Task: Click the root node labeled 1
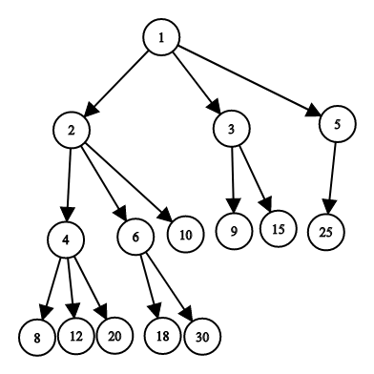[x=161, y=37]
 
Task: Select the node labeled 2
[x=72, y=130]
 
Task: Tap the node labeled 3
[x=232, y=129]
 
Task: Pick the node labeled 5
[x=338, y=124]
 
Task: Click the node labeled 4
[x=66, y=239]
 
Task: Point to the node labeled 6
[x=135, y=237]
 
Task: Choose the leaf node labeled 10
[x=186, y=235]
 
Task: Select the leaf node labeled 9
[x=234, y=231]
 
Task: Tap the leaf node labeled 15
[x=279, y=229]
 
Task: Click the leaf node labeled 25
[x=326, y=232]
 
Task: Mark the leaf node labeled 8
[x=37, y=338]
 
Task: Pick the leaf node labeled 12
[x=76, y=336]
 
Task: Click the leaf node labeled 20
[x=114, y=336]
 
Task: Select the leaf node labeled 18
[x=163, y=336]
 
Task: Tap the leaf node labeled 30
[x=202, y=337]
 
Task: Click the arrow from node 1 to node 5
[x=250, y=81]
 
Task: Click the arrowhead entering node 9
[x=234, y=205]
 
